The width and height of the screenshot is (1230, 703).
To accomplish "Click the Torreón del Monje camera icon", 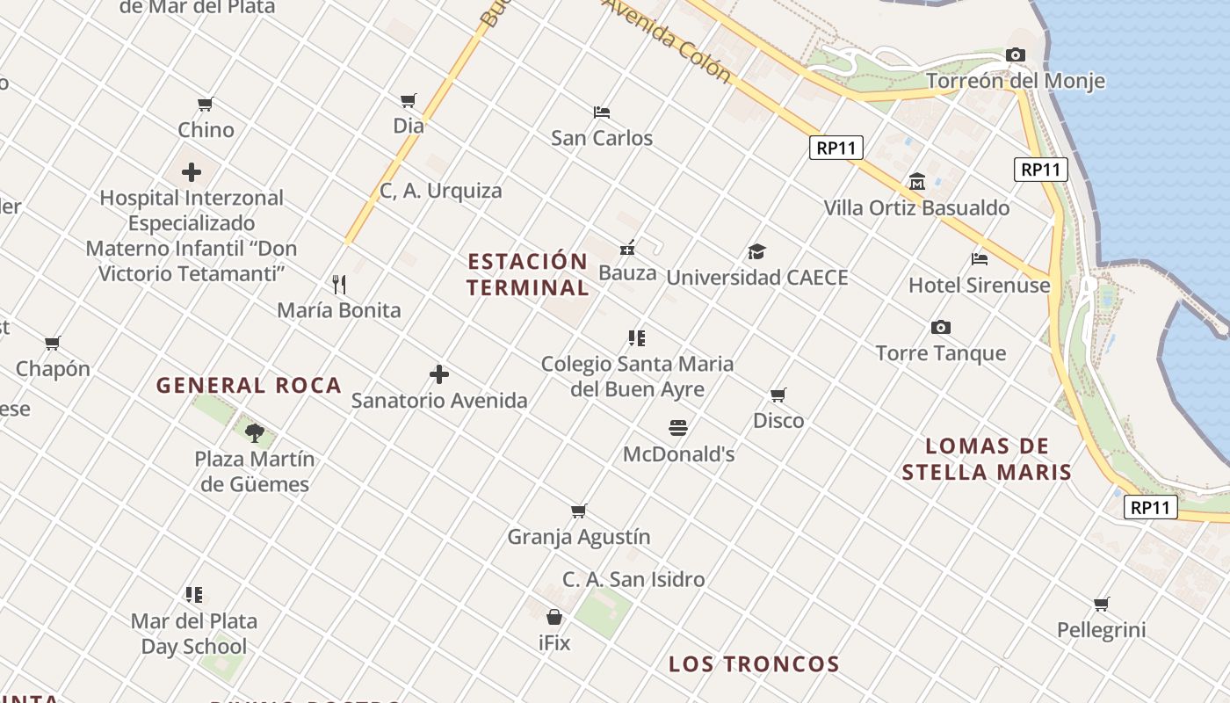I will [1016, 55].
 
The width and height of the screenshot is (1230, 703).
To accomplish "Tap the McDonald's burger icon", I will [678, 428].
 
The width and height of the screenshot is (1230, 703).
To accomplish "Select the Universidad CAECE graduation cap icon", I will [757, 252].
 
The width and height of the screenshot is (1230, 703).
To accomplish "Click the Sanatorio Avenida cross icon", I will [439, 374].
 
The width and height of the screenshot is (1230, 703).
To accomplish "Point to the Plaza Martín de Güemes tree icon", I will [255, 432].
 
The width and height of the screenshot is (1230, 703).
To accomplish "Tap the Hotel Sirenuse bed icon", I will [980, 259].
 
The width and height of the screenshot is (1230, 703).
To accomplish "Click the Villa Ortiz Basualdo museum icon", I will [917, 182].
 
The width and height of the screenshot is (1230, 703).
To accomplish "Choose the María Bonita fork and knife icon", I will [339, 284].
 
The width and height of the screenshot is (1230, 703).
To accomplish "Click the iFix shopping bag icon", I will [554, 617].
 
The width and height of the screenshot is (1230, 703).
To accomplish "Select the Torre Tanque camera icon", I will [941, 328].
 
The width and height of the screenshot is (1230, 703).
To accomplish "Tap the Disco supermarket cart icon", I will [778, 395].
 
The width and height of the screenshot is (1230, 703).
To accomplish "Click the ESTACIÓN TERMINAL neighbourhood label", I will [528, 274].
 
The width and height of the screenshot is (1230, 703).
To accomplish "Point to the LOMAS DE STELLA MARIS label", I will [987, 459].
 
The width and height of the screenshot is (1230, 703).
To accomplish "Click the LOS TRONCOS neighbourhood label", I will [755, 664].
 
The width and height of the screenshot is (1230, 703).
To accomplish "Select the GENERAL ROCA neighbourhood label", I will [249, 385].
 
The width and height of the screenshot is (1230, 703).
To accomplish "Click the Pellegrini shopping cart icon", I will [1102, 604].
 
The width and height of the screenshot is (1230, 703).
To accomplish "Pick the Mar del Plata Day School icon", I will [194, 595].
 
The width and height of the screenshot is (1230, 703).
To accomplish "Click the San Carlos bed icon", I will [602, 112].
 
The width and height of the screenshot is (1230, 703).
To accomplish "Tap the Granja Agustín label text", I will [579, 536].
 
